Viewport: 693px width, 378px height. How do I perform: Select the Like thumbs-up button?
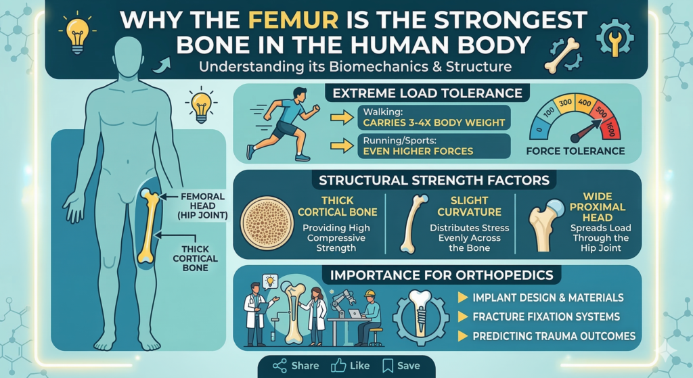[x=350, y=366]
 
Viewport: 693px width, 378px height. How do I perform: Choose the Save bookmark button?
[x=401, y=366]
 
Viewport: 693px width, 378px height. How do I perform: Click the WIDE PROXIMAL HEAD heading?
[x=599, y=206]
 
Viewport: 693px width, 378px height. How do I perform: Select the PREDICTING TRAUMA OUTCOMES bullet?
[x=554, y=336]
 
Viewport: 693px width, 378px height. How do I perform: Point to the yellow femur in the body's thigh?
[x=150, y=226]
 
